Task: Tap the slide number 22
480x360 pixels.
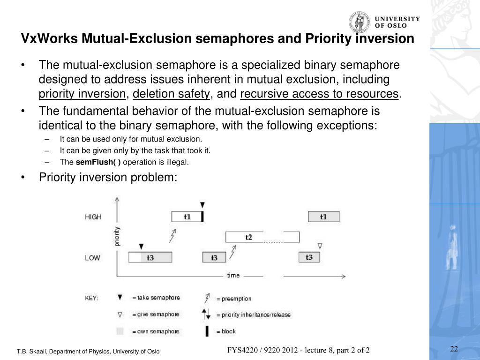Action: [454, 348]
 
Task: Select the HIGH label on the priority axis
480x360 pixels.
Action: [93, 217]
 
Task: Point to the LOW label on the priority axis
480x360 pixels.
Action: [92, 258]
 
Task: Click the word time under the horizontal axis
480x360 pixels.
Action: [233, 275]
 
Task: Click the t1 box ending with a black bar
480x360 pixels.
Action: [187, 217]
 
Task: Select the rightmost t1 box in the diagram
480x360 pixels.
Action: [323, 217]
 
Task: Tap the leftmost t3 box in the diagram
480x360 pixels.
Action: [150, 257]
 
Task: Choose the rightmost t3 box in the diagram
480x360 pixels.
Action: [309, 257]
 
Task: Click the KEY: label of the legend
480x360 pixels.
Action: [91, 299]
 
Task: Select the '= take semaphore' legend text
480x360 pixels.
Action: [156, 298]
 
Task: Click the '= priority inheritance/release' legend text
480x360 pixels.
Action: [253, 315]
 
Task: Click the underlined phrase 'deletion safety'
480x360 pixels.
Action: [171, 94]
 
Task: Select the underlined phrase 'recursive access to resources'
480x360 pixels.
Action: [319, 94]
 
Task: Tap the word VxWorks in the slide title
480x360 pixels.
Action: [50, 38]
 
